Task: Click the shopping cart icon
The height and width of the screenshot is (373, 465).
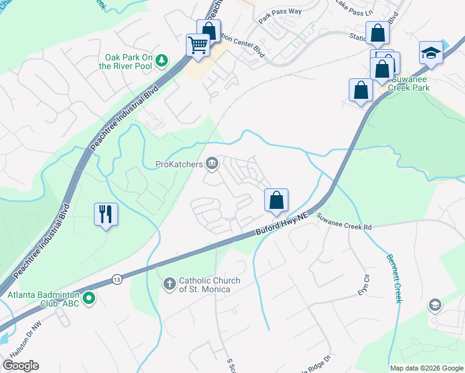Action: pyautogui.click(x=198, y=45)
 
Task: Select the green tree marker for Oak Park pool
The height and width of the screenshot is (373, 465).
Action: pyautogui.click(x=162, y=60)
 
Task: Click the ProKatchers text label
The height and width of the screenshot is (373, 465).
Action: pyautogui.click(x=179, y=165)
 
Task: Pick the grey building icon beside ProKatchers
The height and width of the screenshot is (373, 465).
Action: pyautogui.click(x=212, y=164)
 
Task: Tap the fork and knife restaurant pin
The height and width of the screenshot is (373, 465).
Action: pyautogui.click(x=106, y=214)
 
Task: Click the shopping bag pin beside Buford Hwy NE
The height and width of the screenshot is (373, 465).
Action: pyautogui.click(x=276, y=200)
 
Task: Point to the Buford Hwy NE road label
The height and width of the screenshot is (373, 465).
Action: pyautogui.click(x=282, y=224)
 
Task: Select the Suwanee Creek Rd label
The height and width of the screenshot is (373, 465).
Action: pyautogui.click(x=344, y=223)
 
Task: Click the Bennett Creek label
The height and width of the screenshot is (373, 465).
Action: pyautogui.click(x=393, y=278)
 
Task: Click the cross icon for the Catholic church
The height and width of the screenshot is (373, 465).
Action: pyautogui.click(x=168, y=284)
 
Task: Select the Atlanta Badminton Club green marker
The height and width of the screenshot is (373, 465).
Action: pyautogui.click(x=88, y=298)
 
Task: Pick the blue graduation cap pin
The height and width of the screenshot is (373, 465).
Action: pyautogui.click(x=431, y=52)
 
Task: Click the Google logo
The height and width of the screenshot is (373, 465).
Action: pyautogui.click(x=21, y=366)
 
